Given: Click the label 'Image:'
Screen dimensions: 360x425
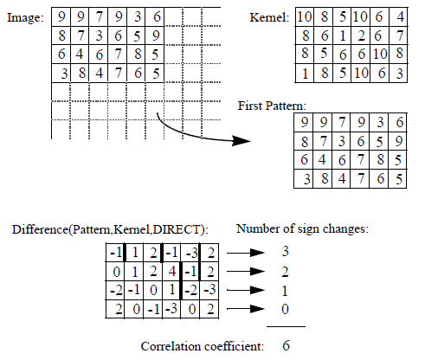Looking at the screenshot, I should click(25, 17).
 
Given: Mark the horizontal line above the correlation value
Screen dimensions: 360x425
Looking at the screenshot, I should click(285, 327).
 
